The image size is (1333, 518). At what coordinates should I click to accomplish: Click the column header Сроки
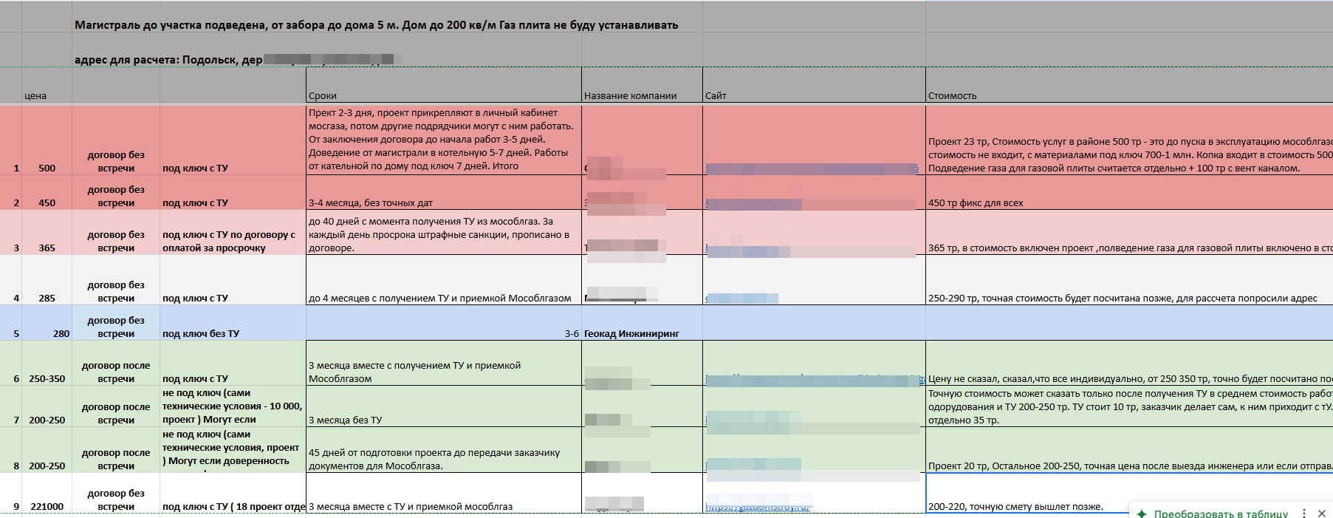(x=323, y=96)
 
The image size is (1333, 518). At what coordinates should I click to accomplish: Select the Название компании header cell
(x=630, y=96)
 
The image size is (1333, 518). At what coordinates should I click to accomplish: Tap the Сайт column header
(x=716, y=96)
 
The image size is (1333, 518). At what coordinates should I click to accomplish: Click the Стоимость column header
(x=952, y=96)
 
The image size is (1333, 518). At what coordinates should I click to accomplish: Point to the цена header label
(x=35, y=96)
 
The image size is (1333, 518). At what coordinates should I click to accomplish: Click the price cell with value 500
(x=47, y=168)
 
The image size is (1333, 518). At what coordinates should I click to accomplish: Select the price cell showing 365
(x=47, y=248)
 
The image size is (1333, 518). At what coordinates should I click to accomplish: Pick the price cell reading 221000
(x=47, y=507)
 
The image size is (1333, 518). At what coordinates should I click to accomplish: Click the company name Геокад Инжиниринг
(x=631, y=334)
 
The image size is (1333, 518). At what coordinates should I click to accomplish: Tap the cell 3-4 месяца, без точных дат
(x=371, y=203)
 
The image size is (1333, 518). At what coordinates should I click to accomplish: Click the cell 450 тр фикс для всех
(x=976, y=203)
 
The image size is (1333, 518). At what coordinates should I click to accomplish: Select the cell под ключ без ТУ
(x=201, y=334)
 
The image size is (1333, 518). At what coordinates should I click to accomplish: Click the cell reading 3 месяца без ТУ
(x=345, y=420)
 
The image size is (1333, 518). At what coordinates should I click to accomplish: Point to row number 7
(x=16, y=420)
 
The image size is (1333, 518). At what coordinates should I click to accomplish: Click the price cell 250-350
(x=47, y=379)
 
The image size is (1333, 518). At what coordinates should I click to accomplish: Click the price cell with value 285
(x=47, y=299)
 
